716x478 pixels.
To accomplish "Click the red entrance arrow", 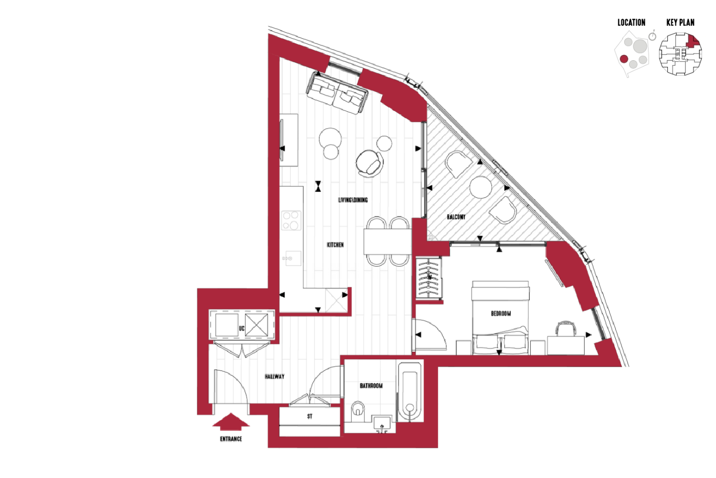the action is click(x=231, y=422).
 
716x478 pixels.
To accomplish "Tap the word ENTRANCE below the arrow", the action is click(x=231, y=439).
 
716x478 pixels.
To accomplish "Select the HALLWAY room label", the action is click(x=274, y=377).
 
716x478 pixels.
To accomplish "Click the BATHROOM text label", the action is click(x=371, y=386).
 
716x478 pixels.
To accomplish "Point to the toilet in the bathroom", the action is click(x=358, y=412).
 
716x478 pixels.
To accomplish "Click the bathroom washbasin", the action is click(x=382, y=424).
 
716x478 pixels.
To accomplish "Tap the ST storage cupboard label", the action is click(x=309, y=416).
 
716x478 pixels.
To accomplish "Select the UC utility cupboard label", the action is click(x=242, y=328).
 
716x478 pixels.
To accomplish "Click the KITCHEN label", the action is click(x=335, y=245).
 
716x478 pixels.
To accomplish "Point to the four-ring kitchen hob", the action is click(x=291, y=220).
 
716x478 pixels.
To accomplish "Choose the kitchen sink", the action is click(x=292, y=259).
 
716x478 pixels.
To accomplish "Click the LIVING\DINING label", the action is click(x=353, y=200).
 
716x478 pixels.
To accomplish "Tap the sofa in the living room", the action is click(x=337, y=93).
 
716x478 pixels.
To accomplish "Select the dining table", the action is click(x=388, y=241).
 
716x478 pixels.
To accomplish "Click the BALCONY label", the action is click(x=456, y=217).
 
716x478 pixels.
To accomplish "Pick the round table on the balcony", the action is click(x=480, y=187).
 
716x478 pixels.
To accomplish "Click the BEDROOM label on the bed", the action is click(x=501, y=314).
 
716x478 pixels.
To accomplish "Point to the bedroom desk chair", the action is click(x=566, y=328).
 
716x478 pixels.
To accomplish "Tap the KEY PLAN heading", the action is click(x=680, y=22).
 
